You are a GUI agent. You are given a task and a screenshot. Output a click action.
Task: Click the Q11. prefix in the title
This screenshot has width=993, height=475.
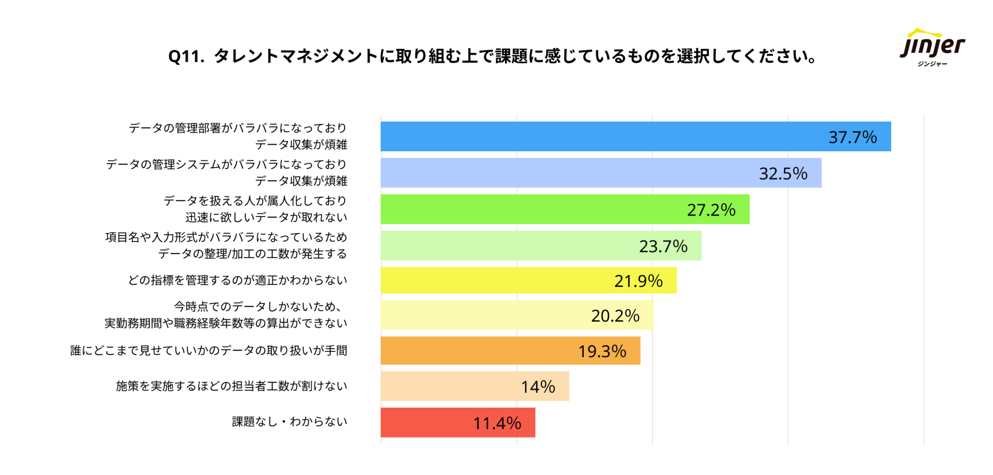tap(186, 57)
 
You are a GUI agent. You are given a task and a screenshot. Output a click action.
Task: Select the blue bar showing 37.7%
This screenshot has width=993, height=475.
tap(601, 137)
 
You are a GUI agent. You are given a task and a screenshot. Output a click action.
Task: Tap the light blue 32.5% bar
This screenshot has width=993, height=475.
tap(567, 173)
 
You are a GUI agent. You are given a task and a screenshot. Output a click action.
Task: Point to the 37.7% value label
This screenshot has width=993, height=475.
tap(852, 137)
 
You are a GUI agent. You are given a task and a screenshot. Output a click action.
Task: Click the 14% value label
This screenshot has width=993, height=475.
tap(538, 387)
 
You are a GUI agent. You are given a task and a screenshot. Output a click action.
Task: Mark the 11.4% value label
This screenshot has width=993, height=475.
tap(497, 423)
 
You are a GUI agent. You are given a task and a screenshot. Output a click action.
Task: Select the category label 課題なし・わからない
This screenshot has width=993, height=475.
tap(289, 422)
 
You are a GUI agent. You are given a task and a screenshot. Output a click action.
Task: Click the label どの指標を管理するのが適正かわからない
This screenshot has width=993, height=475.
tap(238, 280)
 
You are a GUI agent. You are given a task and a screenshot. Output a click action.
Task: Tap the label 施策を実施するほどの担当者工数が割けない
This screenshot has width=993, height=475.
tap(231, 386)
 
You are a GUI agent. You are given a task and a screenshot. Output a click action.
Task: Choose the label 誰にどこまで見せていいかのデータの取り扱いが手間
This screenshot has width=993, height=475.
tap(208, 350)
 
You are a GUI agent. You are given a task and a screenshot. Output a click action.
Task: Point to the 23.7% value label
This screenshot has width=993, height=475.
tap(663, 246)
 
